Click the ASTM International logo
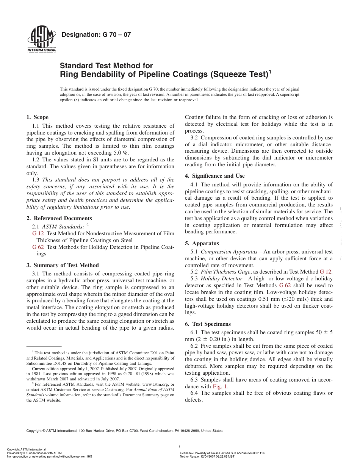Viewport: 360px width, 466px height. click(x=41, y=40)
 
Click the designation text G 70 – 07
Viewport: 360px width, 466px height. click(x=96, y=34)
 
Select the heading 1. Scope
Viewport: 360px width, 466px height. click(x=37, y=117)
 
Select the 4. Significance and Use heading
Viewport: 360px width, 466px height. click(x=214, y=176)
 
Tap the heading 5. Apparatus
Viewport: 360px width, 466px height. click(x=202, y=243)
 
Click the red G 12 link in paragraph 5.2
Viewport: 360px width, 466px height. click(x=326, y=272)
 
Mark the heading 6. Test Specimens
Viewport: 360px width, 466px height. click(x=207, y=324)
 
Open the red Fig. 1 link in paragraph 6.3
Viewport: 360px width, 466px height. click(x=220, y=386)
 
